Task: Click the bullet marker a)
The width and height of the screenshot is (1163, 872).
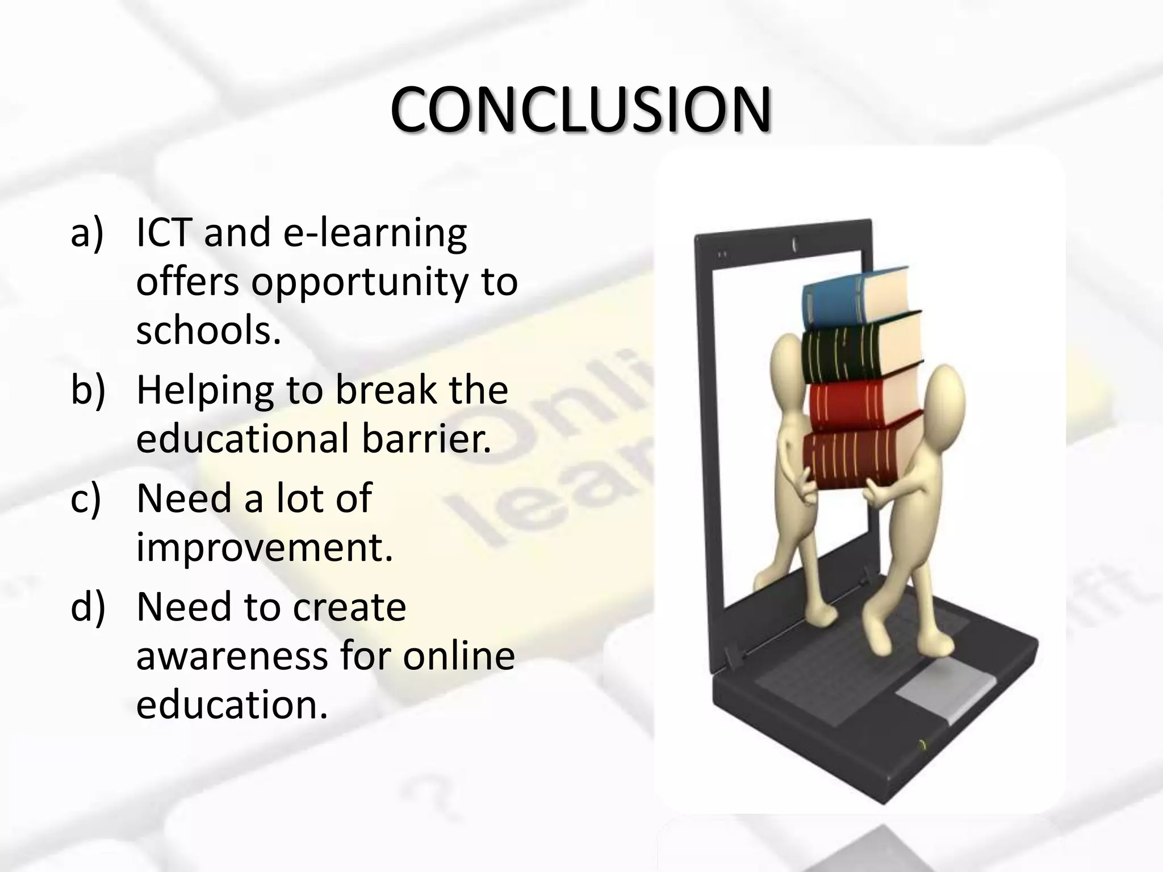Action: coord(87,233)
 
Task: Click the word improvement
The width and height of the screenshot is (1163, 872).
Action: coord(264,547)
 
